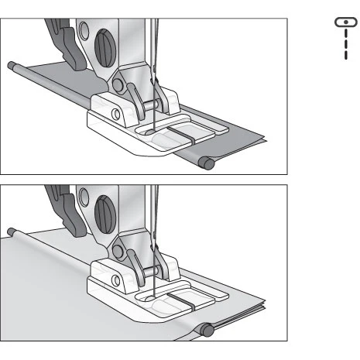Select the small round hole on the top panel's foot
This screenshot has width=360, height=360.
point(115,115)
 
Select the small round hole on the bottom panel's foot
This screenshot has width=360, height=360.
point(115,280)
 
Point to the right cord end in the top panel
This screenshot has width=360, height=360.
point(206,162)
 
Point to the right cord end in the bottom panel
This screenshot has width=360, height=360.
point(207,328)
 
